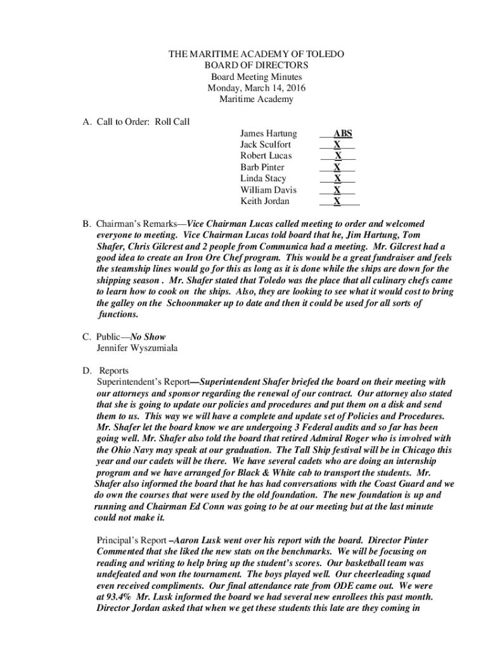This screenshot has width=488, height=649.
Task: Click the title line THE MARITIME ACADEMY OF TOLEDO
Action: pos(256,55)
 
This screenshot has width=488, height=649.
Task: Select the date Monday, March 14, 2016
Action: pos(256,88)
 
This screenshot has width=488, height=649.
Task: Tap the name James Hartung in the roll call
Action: pos(268,134)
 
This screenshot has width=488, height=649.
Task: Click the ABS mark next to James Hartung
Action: pos(343,134)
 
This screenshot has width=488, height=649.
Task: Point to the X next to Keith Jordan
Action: pos(337,202)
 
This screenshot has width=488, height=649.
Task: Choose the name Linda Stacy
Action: pos(263,179)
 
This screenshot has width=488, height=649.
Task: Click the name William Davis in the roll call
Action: pos(268,190)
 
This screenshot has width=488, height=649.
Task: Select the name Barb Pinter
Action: pos(262,167)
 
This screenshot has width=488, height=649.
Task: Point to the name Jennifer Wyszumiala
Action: pos(137,348)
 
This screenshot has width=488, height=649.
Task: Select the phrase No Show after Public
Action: pos(148,337)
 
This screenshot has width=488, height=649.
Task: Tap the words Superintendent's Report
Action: pos(143,382)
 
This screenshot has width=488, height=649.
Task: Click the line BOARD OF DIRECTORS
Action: pos(256,66)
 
